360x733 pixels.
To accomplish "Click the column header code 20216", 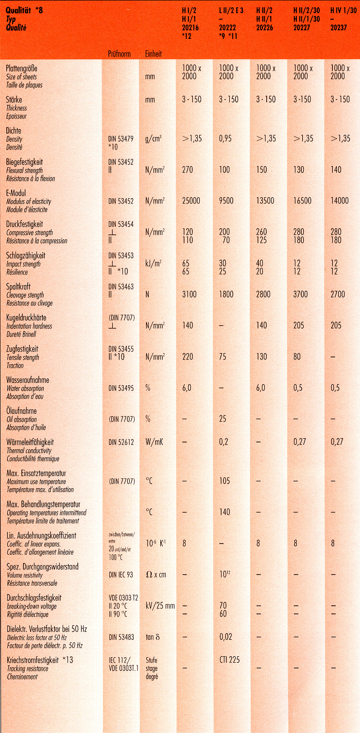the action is (190, 28).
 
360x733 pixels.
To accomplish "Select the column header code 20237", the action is (339, 28).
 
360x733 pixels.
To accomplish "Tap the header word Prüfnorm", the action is (119, 54).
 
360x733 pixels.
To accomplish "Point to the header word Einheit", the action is (154, 54).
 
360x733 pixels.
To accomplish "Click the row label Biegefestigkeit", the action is (24, 162).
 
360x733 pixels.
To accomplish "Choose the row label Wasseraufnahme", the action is (28, 380).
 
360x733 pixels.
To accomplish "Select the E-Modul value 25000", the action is (191, 201).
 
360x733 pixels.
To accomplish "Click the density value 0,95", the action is (225, 138).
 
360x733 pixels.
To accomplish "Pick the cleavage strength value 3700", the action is (300, 294).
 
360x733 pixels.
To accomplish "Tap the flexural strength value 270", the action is (188, 170).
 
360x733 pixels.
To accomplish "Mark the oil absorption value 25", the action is (223, 419).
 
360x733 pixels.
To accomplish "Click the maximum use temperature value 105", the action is (224, 481).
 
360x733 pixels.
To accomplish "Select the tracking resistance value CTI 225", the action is (229, 659).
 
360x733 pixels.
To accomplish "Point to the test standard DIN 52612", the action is (121, 443).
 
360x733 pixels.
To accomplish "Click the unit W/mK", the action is (154, 443).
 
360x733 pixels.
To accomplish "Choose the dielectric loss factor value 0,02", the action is (225, 636).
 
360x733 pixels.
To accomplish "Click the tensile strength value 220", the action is (188, 357).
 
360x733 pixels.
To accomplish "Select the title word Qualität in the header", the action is (18, 11).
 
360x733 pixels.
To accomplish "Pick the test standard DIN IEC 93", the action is (121, 575).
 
